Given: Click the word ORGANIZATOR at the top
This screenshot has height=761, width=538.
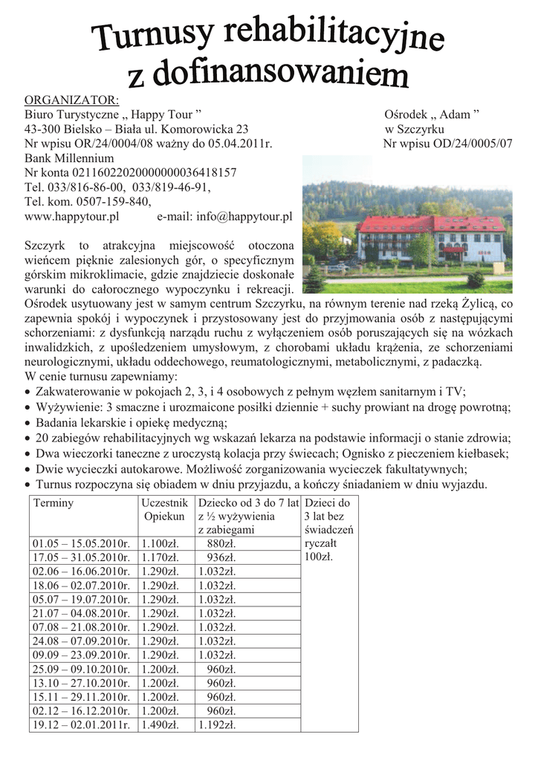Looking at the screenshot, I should click(72, 101).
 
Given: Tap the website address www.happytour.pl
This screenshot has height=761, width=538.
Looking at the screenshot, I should click(72, 216).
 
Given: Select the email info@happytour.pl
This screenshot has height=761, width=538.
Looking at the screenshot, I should click(243, 216).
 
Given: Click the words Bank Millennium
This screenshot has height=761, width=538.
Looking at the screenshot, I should click(69, 158).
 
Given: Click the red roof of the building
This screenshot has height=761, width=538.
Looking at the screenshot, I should click(431, 223).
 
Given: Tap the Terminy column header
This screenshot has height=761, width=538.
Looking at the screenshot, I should click(53, 503).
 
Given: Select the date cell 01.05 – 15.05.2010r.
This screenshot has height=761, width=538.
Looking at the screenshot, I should click(81, 544).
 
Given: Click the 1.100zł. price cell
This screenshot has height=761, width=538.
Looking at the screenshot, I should click(160, 544).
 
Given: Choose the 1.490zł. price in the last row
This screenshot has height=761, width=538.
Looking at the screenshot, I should click(160, 725).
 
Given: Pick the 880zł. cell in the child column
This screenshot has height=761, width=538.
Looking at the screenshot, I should click(221, 544).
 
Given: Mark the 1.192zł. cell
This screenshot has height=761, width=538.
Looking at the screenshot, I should click(217, 725).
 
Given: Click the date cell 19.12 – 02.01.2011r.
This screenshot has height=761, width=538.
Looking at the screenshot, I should click(81, 725).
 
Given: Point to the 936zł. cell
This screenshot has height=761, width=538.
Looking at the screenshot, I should click(221, 557).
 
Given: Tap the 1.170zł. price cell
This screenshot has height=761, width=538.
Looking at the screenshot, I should click(160, 557).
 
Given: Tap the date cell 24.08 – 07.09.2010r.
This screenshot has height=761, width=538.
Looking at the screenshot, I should click(81, 641).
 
